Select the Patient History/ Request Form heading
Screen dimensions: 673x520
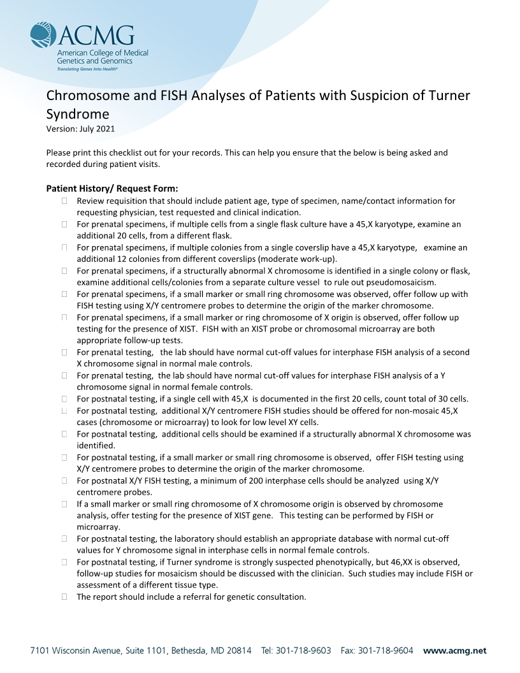112,189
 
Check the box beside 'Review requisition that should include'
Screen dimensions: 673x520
65,201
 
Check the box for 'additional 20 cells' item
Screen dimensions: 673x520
65,224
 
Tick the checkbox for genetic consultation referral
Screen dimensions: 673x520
65,597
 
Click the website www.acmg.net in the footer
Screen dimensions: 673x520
454,651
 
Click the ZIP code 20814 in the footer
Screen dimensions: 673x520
237,651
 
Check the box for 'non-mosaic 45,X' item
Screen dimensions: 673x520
65,411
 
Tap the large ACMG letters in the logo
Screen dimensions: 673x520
96,35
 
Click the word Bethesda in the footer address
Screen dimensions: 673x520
187,651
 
